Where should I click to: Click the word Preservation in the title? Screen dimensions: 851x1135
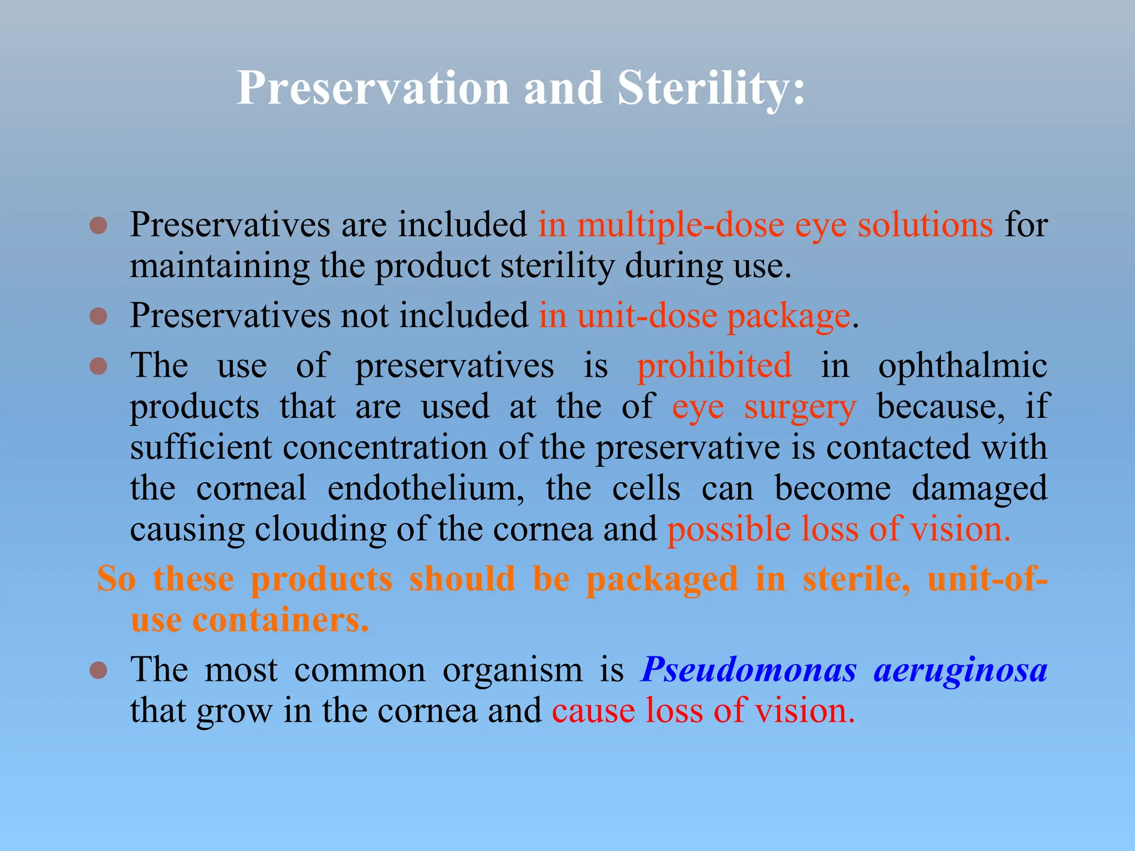pos(372,89)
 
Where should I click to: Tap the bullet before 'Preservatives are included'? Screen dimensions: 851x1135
pos(98,225)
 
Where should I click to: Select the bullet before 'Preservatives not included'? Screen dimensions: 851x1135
pos(98,316)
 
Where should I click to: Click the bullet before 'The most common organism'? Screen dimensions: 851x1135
pos(98,670)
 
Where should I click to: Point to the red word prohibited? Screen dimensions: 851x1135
pos(714,366)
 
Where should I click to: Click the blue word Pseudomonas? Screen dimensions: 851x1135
pos(749,670)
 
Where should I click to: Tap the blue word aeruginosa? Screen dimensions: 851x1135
pos(960,670)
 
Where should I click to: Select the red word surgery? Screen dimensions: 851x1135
pos(800,407)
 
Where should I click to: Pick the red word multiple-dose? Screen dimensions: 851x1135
pos(681,225)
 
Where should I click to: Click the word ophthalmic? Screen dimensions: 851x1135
pos(962,366)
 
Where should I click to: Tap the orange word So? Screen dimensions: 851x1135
pos(116,579)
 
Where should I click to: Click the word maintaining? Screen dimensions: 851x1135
pos(219,266)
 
